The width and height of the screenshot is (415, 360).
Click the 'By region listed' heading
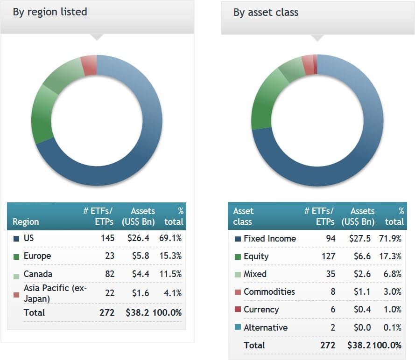click(50, 12)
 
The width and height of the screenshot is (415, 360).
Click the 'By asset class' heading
click(266, 12)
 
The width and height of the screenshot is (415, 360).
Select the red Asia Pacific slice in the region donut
click(89, 65)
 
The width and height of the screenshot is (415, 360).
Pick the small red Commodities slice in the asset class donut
click(308, 64)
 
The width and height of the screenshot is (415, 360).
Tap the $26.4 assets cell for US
click(139, 238)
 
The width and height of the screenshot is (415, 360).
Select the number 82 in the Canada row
click(109, 274)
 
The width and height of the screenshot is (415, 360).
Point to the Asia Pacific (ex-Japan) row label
click(55, 293)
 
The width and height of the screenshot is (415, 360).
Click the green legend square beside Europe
click(16, 256)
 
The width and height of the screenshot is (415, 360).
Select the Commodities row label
click(269, 291)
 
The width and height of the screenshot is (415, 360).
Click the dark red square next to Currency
click(238, 310)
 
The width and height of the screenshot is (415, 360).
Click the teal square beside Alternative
click(238, 328)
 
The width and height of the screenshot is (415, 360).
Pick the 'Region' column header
click(26, 222)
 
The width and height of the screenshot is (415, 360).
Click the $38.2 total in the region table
click(137, 312)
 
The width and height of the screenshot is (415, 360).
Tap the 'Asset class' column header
click(243, 216)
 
